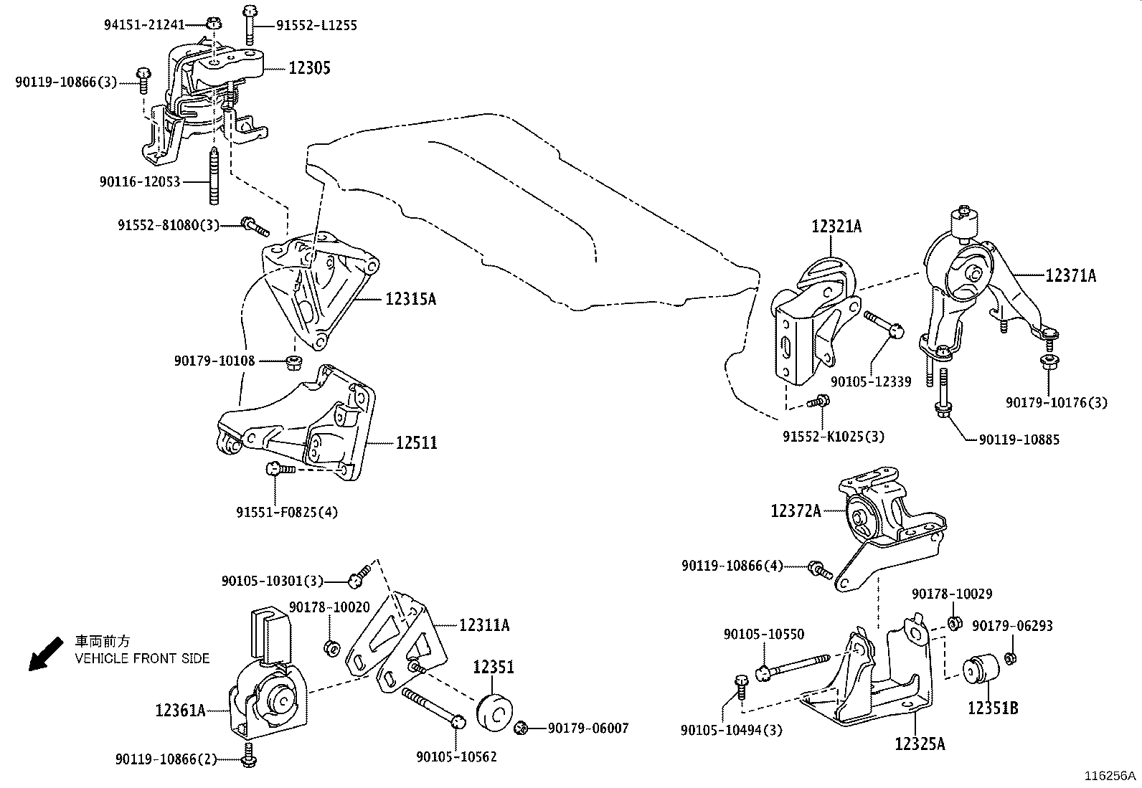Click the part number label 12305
click(309, 68)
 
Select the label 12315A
click(410, 299)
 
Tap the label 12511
click(416, 443)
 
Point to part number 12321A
click(836, 227)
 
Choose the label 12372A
click(796, 511)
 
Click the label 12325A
click(920, 744)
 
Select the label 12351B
click(993, 708)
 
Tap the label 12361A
click(181, 711)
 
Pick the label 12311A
click(484, 625)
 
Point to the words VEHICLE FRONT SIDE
click(142, 658)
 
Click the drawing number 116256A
click(1110, 776)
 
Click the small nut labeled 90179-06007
click(522, 729)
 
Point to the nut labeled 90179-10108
click(292, 361)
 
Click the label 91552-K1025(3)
click(834, 437)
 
